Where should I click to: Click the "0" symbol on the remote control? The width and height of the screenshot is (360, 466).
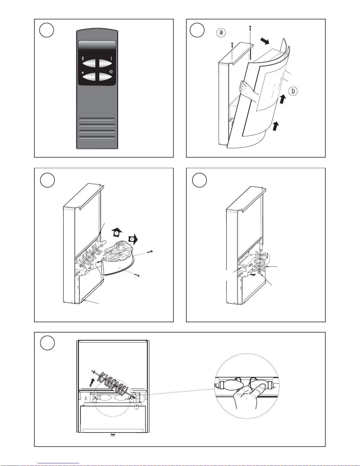tap(83, 58)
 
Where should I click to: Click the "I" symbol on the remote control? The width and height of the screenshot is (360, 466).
tap(111, 58)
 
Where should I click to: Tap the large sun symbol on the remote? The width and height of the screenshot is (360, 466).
tap(111, 72)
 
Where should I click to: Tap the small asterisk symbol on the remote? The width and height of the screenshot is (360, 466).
tap(83, 73)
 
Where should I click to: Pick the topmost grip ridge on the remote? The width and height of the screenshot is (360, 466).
tap(97, 119)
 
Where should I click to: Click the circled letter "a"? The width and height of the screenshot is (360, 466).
tap(221, 32)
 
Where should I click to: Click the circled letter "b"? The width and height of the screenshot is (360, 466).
tap(293, 91)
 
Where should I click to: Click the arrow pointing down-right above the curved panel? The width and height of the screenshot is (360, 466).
tap(265, 41)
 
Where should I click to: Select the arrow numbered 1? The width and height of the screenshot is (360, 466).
tap(117, 232)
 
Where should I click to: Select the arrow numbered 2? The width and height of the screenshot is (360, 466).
tap(133, 239)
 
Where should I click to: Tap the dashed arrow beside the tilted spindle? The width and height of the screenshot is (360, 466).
tap(91, 383)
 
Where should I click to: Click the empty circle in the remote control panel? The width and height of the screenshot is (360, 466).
tap(46, 30)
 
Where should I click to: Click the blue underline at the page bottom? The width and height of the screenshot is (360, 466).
tap(58, 463)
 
